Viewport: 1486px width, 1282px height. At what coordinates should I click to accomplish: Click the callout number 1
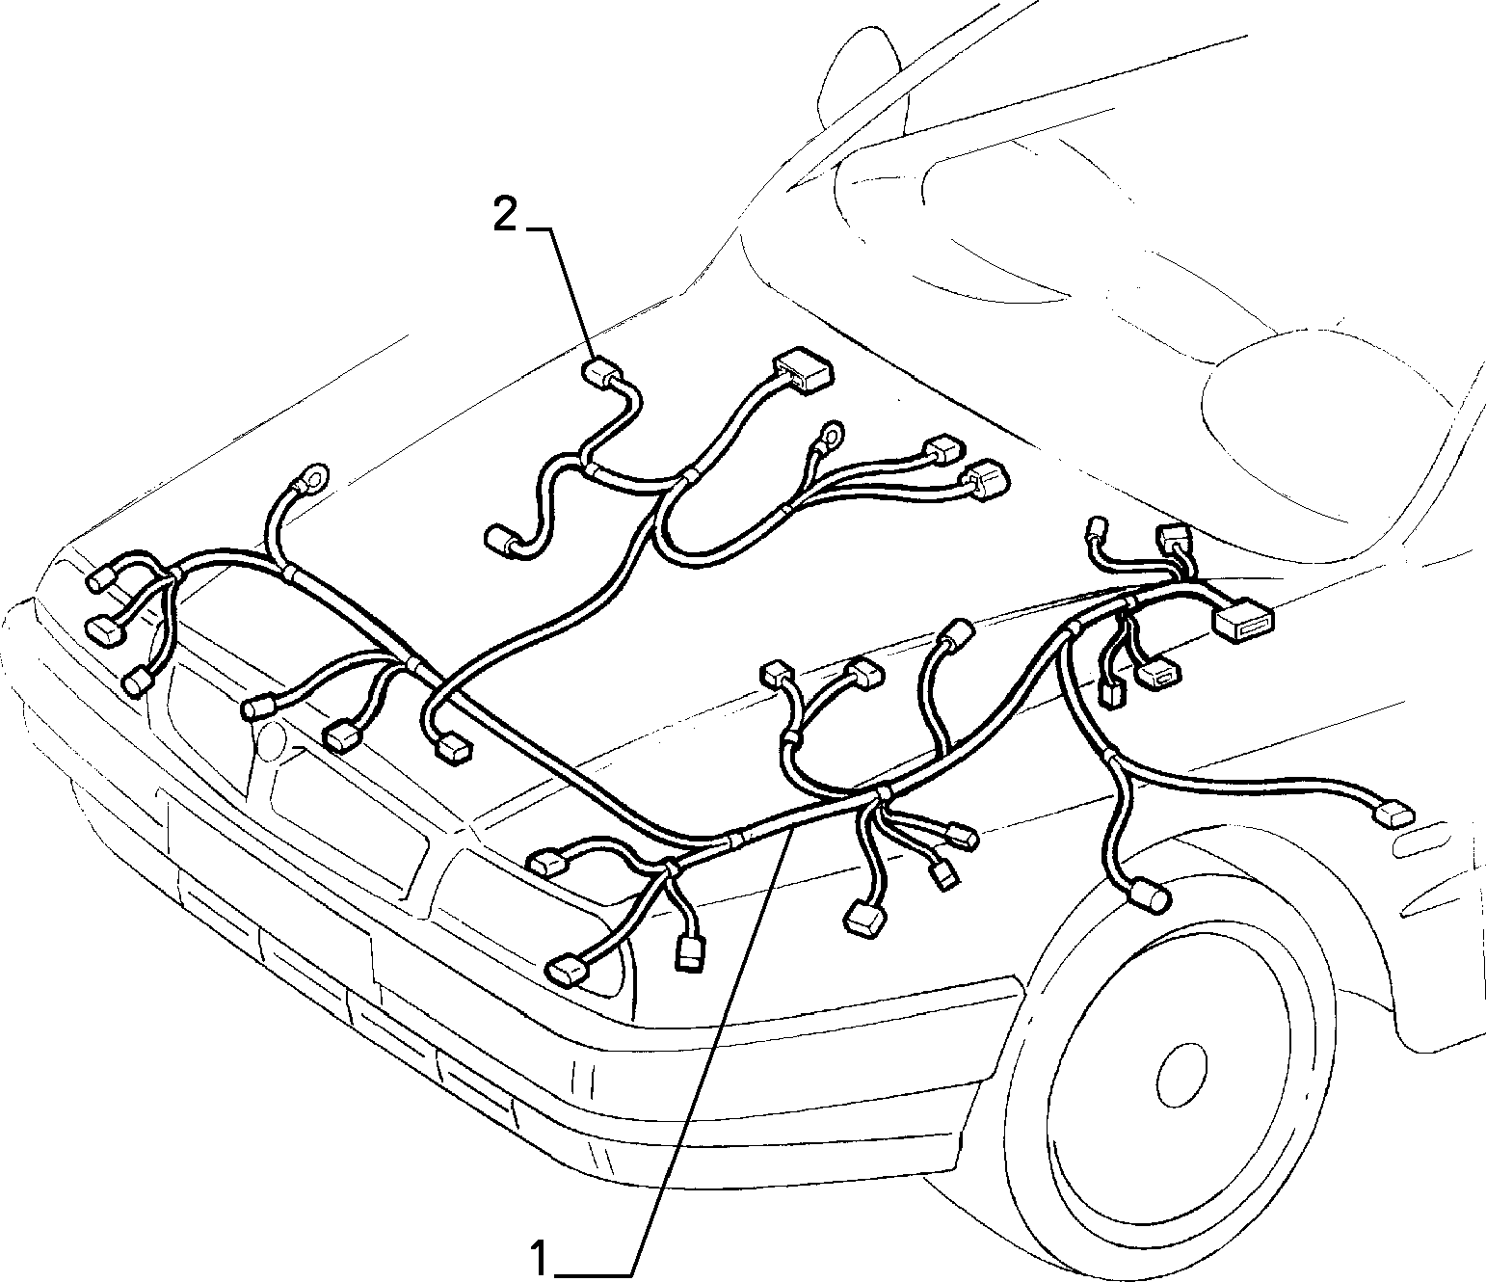click(541, 1255)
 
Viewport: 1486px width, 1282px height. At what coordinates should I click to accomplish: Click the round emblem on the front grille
click(271, 740)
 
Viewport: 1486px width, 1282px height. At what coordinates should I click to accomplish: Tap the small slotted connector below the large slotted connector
click(1157, 675)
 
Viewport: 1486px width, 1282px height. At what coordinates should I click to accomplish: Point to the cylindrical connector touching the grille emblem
click(262, 707)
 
